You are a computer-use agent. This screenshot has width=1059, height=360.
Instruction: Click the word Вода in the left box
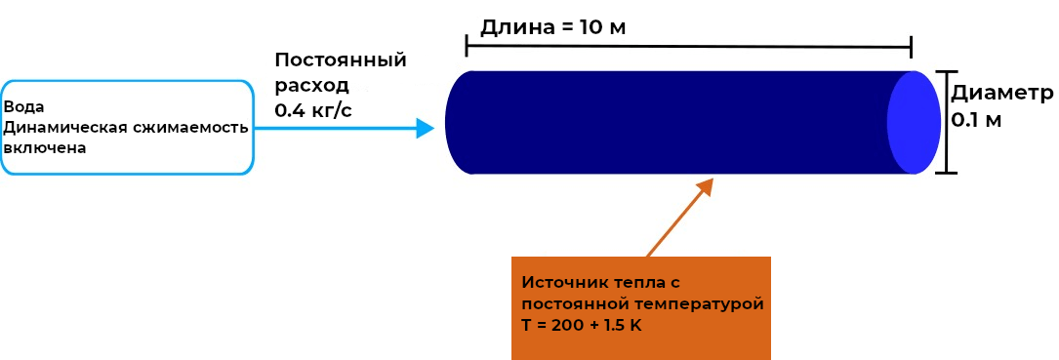[24, 107]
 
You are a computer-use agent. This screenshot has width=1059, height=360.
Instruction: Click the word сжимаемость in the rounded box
[190, 128]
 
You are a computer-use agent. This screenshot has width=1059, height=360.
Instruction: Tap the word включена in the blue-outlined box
[45, 148]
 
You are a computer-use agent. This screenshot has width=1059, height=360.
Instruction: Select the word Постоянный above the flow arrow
[340, 60]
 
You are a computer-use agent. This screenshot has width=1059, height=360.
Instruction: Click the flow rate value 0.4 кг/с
[313, 110]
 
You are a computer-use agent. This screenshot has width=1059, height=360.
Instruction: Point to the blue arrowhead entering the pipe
[425, 128]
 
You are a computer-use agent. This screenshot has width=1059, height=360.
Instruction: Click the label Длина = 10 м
[552, 26]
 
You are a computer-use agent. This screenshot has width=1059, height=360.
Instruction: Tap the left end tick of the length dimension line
[468, 45]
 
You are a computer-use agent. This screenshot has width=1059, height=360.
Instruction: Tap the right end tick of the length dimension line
[911, 45]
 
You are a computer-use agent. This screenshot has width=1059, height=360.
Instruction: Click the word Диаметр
[1003, 94]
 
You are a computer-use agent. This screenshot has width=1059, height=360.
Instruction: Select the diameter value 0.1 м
[977, 120]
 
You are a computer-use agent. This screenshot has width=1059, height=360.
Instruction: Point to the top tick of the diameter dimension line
[946, 71]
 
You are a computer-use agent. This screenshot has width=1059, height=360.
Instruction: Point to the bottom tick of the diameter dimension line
[946, 174]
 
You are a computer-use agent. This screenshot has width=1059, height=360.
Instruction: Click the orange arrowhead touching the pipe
[704, 186]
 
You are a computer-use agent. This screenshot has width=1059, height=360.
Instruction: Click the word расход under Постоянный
[311, 85]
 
